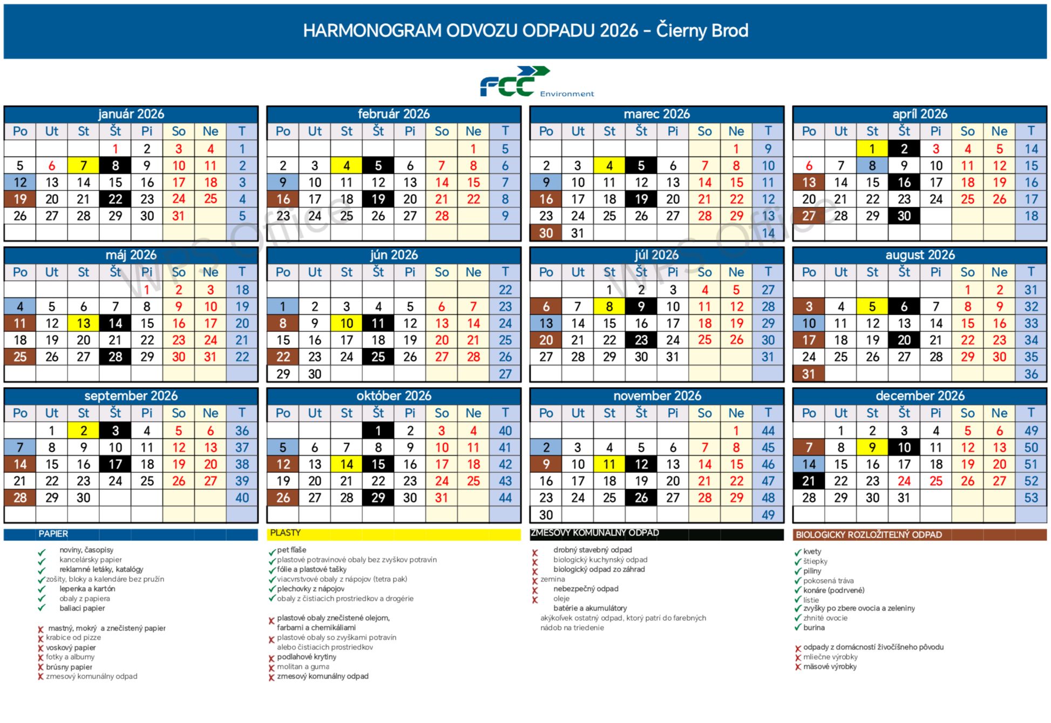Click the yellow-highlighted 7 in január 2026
tap(83, 166)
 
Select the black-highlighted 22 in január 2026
tap(115, 199)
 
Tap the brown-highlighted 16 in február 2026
tap(283, 199)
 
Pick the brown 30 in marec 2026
tap(546, 233)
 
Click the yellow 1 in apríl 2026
tap(872, 149)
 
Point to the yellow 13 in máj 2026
tap(83, 323)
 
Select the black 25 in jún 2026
tap(378, 357)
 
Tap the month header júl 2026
tap(656, 255)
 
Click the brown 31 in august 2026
tap(808, 374)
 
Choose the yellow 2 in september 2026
tap(83, 431)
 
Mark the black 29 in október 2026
tap(378, 498)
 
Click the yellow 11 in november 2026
tap(609, 464)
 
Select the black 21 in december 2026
tap(808, 481)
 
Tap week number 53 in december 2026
tap(1030, 498)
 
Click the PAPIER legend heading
tap(53, 534)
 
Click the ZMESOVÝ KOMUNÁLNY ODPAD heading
tap(594, 533)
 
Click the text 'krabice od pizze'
tap(73, 638)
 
